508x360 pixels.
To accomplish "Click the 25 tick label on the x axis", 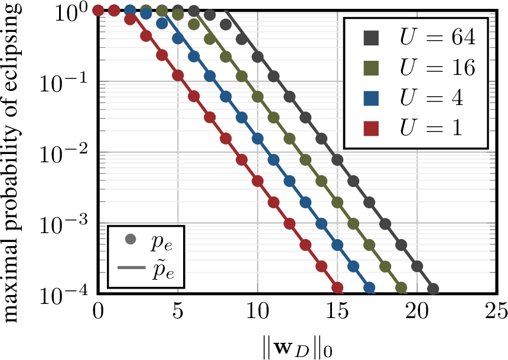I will (496, 309).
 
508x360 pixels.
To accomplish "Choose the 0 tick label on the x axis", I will (99, 309).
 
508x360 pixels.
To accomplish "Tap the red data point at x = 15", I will (337, 288).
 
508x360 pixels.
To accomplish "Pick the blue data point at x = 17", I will (369, 288).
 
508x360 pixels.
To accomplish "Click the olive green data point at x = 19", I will (401, 288).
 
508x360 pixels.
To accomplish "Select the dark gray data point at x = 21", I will (433, 289).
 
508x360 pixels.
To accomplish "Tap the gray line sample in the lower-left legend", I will (131, 269).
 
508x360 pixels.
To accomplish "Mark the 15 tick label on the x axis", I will (337, 309).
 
